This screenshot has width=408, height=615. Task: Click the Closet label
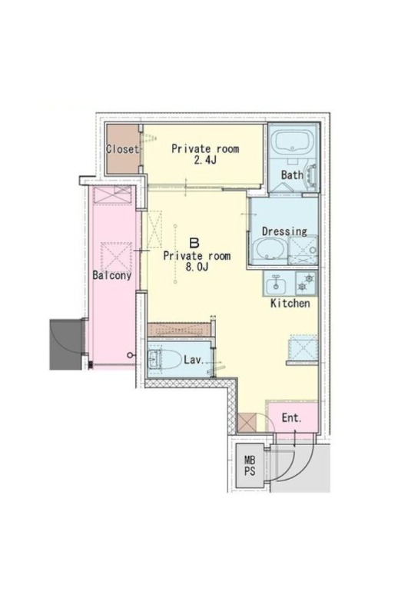pos(122,149)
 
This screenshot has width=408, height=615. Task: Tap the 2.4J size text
pos(205,161)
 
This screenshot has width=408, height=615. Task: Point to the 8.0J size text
pos(197,268)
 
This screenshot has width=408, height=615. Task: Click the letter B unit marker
pos(194,243)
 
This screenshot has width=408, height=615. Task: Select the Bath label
pos(292,175)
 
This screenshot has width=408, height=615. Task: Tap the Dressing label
pos(284,231)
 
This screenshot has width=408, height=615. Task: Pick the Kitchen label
pos(290,303)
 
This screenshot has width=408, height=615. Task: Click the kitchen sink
pos(276,284)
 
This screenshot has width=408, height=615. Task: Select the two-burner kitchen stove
pos(306,283)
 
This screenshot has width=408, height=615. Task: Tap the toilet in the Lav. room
pos(160,358)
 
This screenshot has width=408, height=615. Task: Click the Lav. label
pos(194,360)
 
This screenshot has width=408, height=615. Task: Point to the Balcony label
pos(111,275)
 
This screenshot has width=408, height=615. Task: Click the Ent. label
pos(292,418)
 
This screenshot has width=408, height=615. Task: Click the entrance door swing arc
pos(305,467)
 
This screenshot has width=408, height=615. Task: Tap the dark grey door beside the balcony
pos(65,344)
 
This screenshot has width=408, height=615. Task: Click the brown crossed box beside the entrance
pos(247,423)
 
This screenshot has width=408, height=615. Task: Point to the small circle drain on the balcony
pos(130,355)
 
